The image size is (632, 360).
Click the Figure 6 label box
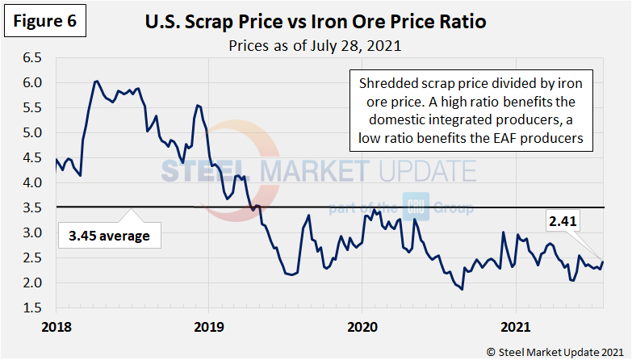pyautogui.click(x=45, y=22)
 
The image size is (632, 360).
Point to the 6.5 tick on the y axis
pyautogui.click(x=32, y=58)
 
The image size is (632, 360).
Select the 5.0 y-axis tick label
pyautogui.click(x=32, y=133)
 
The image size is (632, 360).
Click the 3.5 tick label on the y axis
pyautogui.click(x=32, y=208)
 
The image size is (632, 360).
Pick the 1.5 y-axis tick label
pyautogui.click(x=32, y=308)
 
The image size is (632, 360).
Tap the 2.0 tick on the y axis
pyautogui.click(x=32, y=283)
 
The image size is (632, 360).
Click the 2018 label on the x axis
pyautogui.click(x=57, y=327)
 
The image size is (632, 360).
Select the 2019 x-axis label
pyautogui.click(x=208, y=327)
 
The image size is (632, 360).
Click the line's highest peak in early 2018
pyautogui.click(x=96, y=82)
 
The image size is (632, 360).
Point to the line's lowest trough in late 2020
pyautogui.click(x=461, y=289)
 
